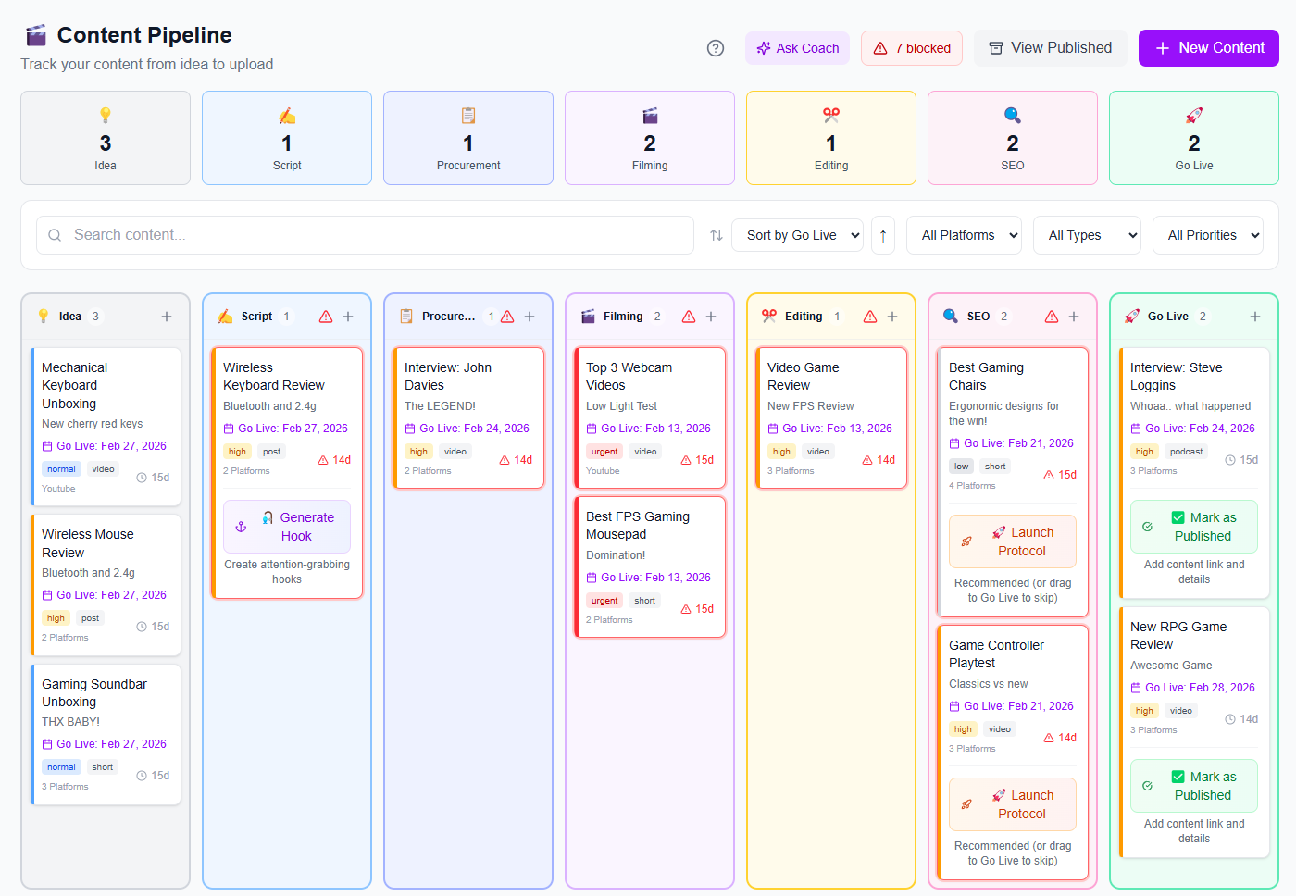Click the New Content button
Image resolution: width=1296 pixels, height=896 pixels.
(1208, 48)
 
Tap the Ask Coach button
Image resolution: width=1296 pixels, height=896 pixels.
(797, 48)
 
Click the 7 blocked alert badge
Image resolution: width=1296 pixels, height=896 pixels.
(912, 48)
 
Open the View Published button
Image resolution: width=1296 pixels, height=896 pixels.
(1050, 48)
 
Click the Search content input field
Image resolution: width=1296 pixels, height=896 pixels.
(365, 235)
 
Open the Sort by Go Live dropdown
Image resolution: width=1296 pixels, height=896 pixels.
(797, 235)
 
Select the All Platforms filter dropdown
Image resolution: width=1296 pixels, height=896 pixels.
(964, 235)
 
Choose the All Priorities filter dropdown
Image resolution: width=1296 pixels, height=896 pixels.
(1207, 235)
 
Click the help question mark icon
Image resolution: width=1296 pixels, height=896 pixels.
(716, 48)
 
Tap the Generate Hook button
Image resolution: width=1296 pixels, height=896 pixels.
(287, 527)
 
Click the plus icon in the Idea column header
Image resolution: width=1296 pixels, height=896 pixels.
(167, 317)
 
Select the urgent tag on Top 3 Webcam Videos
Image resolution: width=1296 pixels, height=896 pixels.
(604, 452)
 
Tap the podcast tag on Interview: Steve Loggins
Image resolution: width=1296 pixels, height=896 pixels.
(1186, 452)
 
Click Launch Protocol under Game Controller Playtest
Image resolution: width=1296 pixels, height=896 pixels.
(1013, 804)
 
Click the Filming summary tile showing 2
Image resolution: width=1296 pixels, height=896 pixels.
(650, 138)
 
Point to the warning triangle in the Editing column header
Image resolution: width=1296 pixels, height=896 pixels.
(870, 317)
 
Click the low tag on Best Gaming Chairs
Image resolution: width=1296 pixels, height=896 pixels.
(962, 467)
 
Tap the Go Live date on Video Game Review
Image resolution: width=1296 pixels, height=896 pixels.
(830, 429)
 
